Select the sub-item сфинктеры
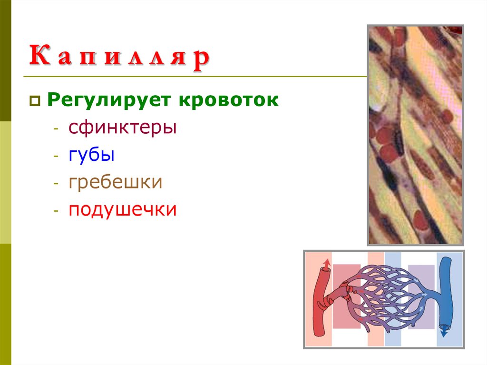click(x=122, y=128)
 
